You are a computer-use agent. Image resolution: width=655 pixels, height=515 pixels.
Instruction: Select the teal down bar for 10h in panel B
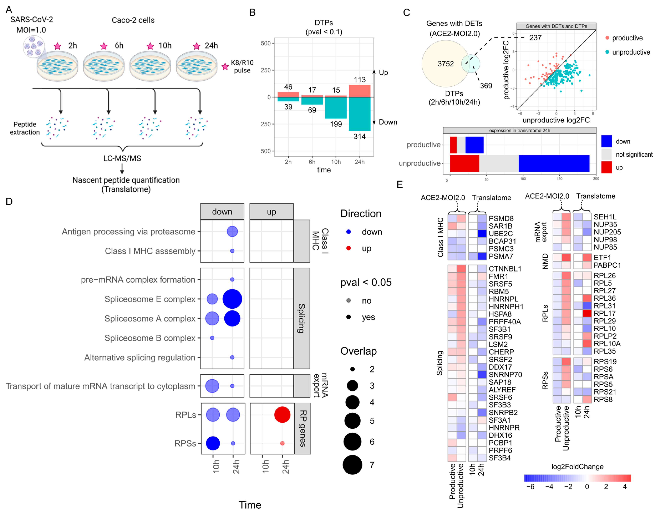pyautogui.click(x=336, y=108)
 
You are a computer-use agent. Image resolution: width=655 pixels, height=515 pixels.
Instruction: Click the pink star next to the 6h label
pyautogui.click(x=104, y=46)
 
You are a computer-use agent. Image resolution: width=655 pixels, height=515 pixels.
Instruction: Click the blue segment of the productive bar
pyautogui.click(x=474, y=145)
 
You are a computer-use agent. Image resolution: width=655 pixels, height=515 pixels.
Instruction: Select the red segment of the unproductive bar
pyautogui.click(x=464, y=163)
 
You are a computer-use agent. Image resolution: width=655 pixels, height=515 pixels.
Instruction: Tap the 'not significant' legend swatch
pyautogui.click(x=606, y=154)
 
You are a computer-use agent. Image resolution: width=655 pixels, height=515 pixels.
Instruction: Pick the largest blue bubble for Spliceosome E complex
pyautogui.click(x=232, y=299)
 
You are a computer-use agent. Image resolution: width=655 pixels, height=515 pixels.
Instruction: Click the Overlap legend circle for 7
pyautogui.click(x=352, y=465)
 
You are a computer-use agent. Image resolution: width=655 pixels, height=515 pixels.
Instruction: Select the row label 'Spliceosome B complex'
pyautogui.click(x=150, y=338)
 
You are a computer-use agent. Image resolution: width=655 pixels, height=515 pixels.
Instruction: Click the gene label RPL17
pyautogui.click(x=604, y=313)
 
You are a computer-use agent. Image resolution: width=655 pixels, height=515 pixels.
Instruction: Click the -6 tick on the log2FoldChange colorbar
pyautogui.click(x=530, y=486)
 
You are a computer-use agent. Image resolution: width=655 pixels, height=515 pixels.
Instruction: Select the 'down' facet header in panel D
pyautogui.click(x=222, y=212)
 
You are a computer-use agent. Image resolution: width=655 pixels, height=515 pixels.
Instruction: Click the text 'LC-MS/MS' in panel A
pyautogui.click(x=122, y=158)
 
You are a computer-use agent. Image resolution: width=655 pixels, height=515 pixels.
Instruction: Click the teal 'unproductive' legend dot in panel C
pyautogui.click(x=607, y=52)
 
